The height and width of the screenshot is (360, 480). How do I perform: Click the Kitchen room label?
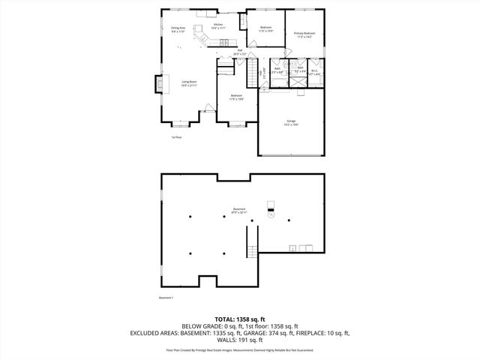(218, 26)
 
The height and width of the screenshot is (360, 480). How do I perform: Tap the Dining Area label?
(178, 31)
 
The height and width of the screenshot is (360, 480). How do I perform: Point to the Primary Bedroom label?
(304, 35)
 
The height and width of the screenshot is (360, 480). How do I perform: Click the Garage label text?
(290, 123)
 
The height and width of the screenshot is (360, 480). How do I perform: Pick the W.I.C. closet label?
(316, 73)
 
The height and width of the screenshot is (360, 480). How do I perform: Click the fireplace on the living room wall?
(158, 85)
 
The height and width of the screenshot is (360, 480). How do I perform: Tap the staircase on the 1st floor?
(252, 76)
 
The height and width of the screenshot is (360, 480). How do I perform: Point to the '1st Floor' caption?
(177, 137)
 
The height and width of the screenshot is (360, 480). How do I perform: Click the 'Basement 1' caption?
(166, 298)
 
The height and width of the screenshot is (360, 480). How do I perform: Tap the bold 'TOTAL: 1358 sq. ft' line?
(239, 320)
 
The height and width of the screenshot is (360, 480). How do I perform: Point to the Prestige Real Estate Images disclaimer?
(239, 349)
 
